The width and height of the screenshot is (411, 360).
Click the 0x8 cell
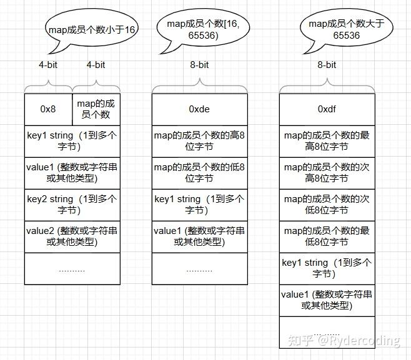pyautogui.click(x=48, y=109)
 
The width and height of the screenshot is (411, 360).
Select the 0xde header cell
pyautogui.click(x=200, y=109)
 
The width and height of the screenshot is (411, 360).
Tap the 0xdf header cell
pyautogui.click(x=327, y=109)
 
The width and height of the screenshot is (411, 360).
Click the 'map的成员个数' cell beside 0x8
pyautogui.click(x=96, y=109)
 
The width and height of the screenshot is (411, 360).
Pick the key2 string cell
pyautogui.click(x=72, y=205)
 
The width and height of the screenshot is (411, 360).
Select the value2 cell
pyautogui.click(x=72, y=237)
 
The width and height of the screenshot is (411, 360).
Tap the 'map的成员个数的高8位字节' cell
pyautogui.click(x=200, y=142)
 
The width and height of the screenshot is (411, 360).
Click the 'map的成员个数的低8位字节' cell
pyautogui.click(x=200, y=173)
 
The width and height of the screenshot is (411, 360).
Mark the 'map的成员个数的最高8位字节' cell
pyautogui.click(x=327, y=142)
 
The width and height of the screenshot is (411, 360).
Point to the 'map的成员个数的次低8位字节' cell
pyautogui.click(x=327, y=205)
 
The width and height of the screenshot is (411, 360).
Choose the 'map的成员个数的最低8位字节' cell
pyautogui.click(x=327, y=237)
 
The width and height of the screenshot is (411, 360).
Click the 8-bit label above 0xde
pyautogui.click(x=199, y=65)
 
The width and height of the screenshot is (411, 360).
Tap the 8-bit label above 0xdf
pyautogui.click(x=327, y=65)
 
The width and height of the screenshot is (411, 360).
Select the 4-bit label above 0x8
pyautogui.click(x=48, y=65)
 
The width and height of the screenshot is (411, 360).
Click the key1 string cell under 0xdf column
pyautogui.click(x=327, y=269)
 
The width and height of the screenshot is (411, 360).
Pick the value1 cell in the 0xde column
pyautogui.click(x=200, y=237)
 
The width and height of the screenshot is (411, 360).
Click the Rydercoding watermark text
pyautogui.click(x=359, y=341)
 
